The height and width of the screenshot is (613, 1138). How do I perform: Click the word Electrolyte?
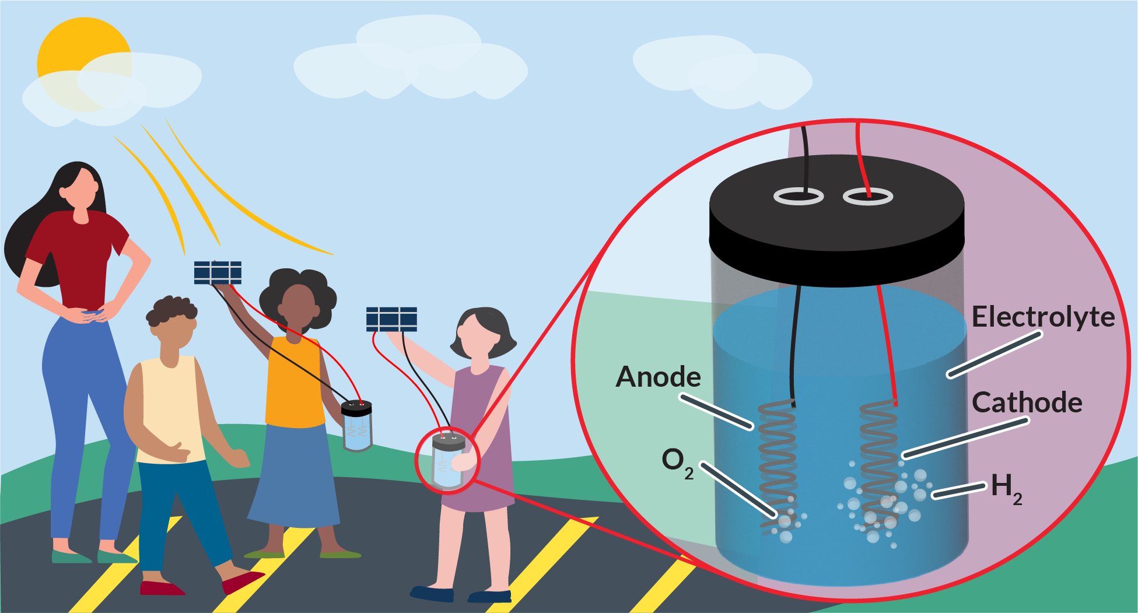tap(1043, 317)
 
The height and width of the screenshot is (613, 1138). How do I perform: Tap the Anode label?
tap(658, 377)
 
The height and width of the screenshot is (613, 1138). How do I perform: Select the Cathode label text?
tap(1027, 402)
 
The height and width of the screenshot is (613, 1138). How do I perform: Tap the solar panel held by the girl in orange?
tap(218, 272)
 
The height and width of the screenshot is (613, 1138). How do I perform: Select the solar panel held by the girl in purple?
tap(391, 319)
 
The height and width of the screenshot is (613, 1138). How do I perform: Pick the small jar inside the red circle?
tap(447, 461)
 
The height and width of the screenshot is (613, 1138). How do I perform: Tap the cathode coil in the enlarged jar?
tap(878, 461)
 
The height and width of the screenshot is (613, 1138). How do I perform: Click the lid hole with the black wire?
tap(799, 197)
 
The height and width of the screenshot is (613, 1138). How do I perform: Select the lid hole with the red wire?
tap(868, 197)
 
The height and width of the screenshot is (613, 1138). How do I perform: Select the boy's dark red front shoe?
tap(242, 582)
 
